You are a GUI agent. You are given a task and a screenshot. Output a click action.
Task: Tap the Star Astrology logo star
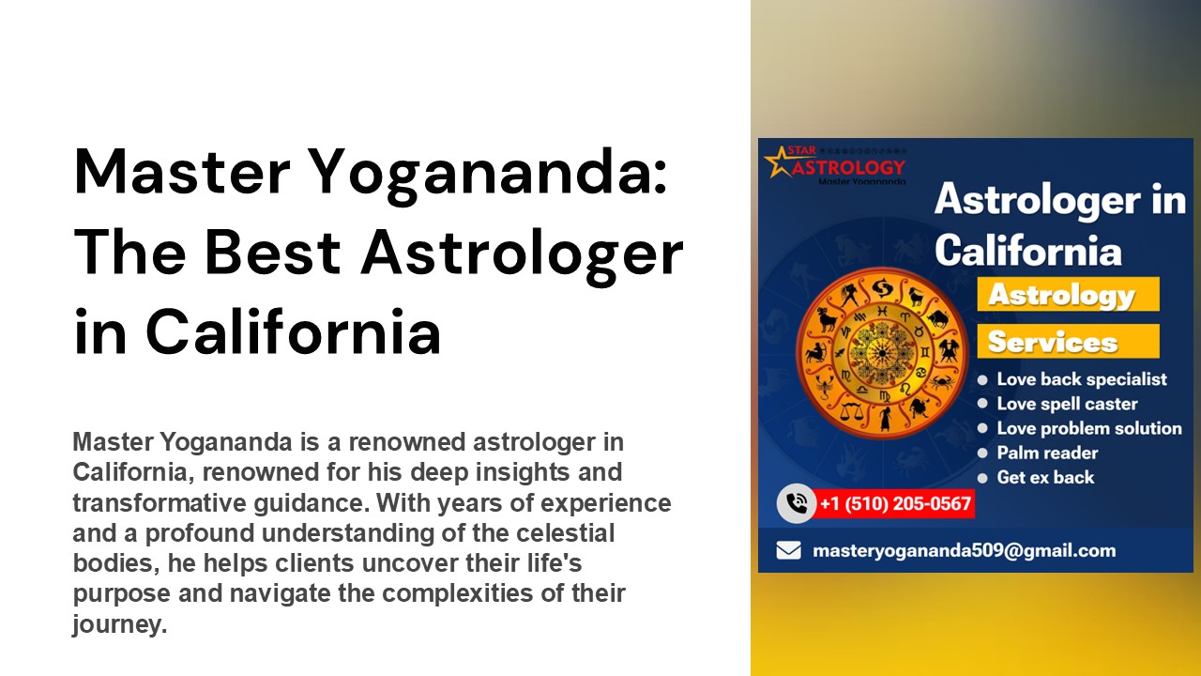click(x=779, y=161)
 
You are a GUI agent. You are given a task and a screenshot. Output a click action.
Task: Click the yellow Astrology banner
click(x=1067, y=295)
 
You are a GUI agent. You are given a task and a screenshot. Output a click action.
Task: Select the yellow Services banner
click(x=1067, y=342)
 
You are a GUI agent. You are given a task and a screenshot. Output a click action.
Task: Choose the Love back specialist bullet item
click(x=1081, y=379)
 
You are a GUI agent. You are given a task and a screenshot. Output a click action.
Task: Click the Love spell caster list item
click(x=1067, y=404)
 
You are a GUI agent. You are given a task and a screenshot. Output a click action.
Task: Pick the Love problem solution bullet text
click(x=1088, y=428)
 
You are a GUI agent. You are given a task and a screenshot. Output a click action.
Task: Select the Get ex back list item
click(x=1044, y=477)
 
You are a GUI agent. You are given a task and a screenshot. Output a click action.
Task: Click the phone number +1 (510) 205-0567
click(x=894, y=504)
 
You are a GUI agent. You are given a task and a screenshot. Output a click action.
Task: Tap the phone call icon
click(x=797, y=504)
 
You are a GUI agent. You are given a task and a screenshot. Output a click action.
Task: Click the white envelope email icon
click(x=789, y=550)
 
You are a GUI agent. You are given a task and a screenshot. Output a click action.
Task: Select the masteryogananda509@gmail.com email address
click(x=964, y=551)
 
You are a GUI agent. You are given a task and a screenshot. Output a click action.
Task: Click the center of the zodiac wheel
click(x=881, y=352)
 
